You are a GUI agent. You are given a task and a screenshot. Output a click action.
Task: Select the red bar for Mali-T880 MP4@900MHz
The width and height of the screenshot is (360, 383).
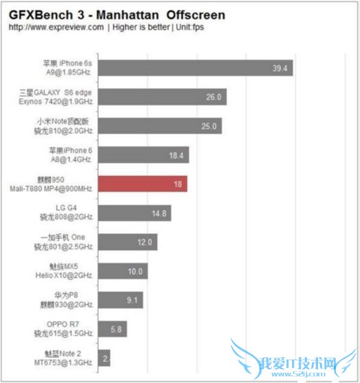(x=142, y=183)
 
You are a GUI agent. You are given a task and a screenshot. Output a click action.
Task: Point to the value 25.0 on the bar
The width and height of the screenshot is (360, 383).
(x=208, y=126)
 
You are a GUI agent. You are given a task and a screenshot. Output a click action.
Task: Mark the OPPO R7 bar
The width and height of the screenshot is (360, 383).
(x=111, y=329)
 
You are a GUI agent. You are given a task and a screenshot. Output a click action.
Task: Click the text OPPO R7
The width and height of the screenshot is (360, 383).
(x=73, y=324)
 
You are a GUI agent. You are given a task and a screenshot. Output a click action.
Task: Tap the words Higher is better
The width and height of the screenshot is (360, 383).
(x=139, y=28)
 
